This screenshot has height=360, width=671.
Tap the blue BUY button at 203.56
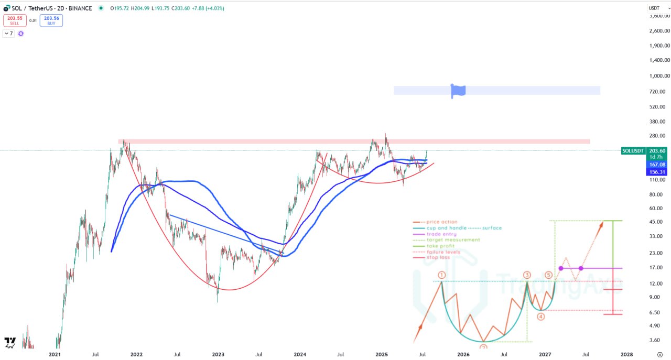click(x=51, y=20)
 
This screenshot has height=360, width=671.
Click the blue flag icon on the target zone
click(x=458, y=90)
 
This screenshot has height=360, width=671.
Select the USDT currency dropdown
click(x=654, y=8)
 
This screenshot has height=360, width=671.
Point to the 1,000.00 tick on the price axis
click(x=659, y=76)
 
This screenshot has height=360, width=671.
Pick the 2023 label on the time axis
click(x=218, y=355)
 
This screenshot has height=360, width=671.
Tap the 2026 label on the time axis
click(x=463, y=355)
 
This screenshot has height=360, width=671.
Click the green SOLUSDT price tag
click(x=633, y=151)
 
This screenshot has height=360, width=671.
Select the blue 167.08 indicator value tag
click(x=657, y=165)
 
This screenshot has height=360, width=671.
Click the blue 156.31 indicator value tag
click(x=657, y=172)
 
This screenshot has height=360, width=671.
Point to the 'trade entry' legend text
click(x=441, y=234)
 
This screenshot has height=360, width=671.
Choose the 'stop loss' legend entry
click(x=439, y=258)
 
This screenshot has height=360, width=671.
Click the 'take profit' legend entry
click(x=440, y=246)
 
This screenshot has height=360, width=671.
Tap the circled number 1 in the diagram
click(x=442, y=275)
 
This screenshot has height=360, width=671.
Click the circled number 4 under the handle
click(x=541, y=317)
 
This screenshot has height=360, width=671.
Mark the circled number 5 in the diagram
click(x=548, y=275)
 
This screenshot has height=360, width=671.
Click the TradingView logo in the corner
click(x=10, y=342)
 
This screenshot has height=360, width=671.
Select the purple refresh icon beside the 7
click(x=21, y=34)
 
